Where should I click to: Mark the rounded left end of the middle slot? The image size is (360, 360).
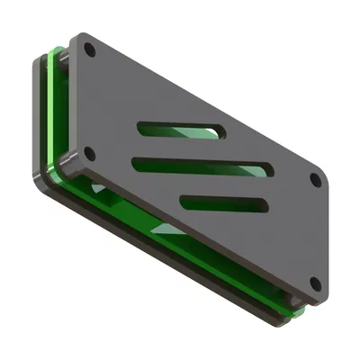138,163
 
